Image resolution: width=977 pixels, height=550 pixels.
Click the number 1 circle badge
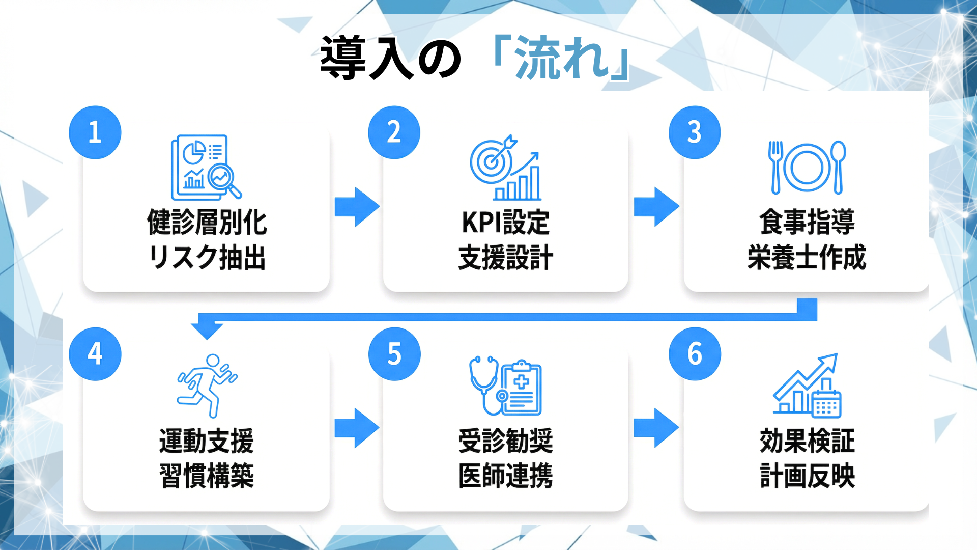95,132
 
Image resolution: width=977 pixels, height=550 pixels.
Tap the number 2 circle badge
394,132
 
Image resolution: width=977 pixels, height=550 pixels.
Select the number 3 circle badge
695,132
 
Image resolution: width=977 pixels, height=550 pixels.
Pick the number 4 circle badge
95,354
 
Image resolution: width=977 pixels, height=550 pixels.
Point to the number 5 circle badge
394,354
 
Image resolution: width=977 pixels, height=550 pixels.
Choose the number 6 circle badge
695,354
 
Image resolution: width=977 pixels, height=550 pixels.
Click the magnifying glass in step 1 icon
223,179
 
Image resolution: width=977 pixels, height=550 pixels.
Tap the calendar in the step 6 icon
826,406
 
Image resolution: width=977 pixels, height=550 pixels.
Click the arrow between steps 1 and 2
357,207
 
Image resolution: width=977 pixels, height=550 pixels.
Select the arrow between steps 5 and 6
656,428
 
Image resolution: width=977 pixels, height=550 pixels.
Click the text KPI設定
505,223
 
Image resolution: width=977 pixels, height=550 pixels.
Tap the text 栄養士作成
807,257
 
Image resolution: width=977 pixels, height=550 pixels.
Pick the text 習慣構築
207,476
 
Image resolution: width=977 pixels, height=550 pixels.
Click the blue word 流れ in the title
562,59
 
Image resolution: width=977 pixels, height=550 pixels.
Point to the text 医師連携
505,476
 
